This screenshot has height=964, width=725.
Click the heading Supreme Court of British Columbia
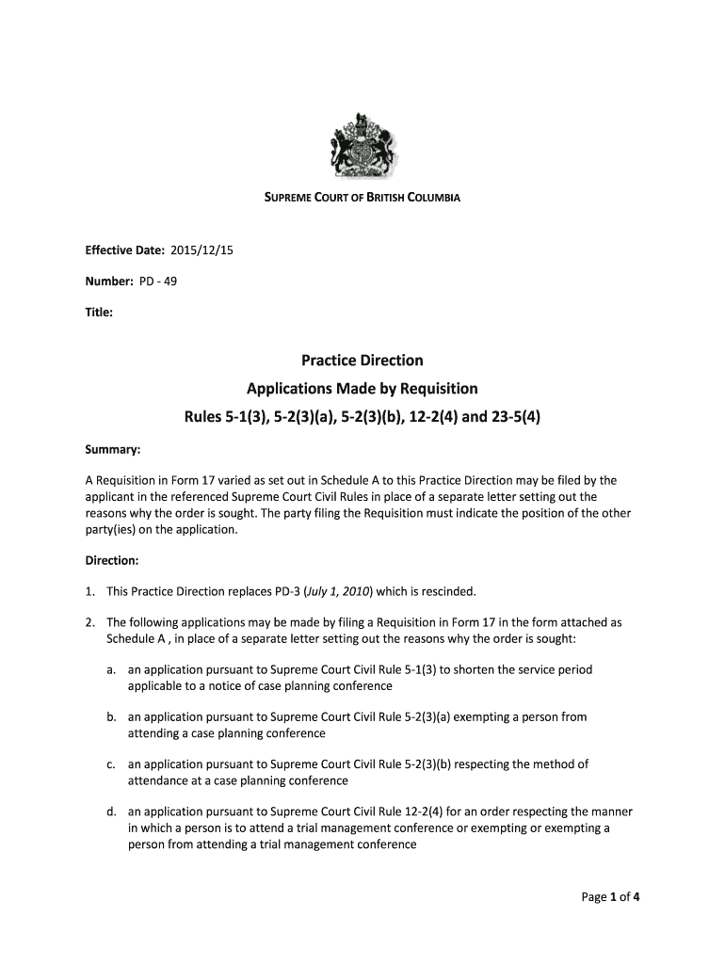point(362,200)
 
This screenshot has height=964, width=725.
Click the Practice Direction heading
point(362,361)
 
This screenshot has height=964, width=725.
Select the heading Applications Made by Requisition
point(362,389)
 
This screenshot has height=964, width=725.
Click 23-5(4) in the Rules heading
point(509,417)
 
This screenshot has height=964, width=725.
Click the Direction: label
point(113,560)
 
